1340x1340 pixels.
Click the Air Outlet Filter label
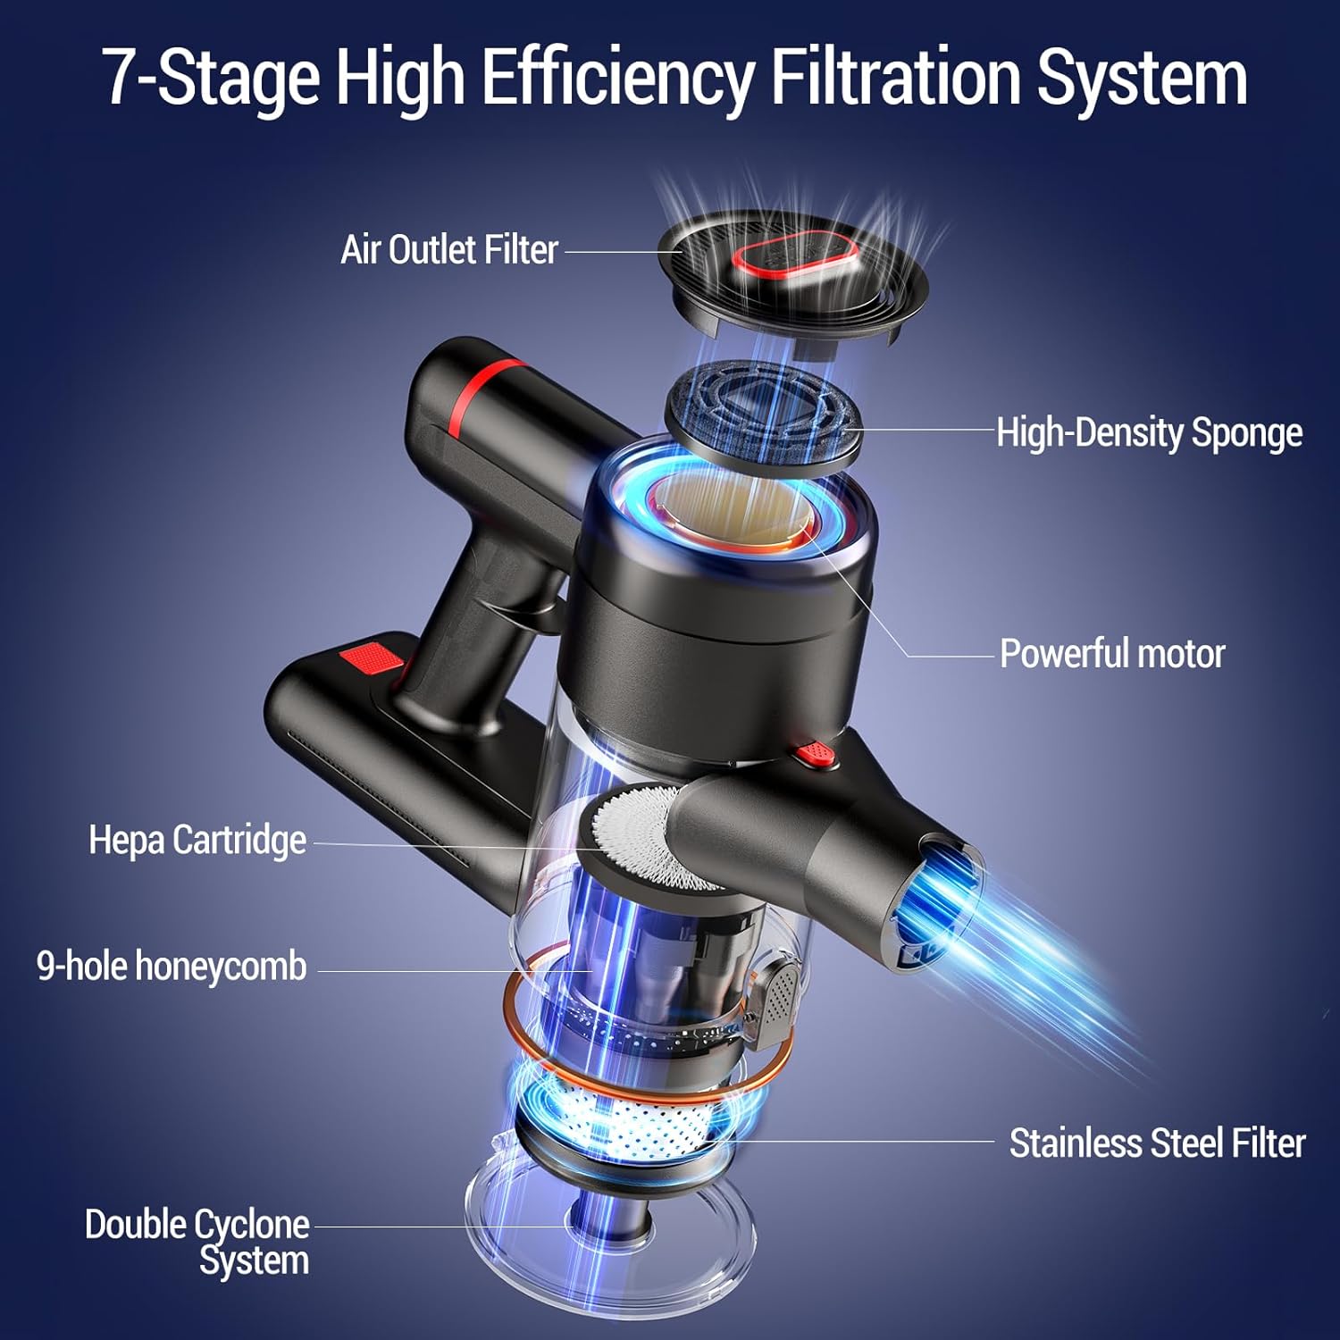coord(449,250)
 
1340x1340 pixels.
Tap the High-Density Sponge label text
coord(1149,432)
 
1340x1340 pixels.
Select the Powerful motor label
coord(1111,654)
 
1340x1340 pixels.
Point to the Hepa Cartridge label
coord(197,841)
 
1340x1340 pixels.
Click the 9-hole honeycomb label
coord(172,967)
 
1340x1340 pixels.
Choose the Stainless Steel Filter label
coord(1157,1143)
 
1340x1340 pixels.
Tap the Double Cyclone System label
coord(198,1242)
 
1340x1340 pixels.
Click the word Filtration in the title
coord(896,79)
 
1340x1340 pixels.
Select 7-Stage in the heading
coord(211,79)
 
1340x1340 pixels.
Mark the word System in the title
coord(1141,79)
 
